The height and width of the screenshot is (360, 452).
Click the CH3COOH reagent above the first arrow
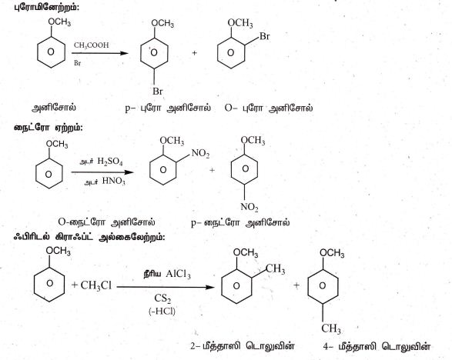tap(92, 45)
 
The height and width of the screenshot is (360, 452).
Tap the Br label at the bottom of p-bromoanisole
tap(158, 92)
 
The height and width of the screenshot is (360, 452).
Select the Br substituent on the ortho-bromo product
tap(265, 36)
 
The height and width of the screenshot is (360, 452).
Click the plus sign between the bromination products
tap(195, 53)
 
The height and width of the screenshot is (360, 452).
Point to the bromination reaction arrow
tap(100, 53)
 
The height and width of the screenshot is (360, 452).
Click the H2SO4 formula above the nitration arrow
tap(110, 162)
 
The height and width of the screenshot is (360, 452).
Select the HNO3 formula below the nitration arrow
tap(114, 181)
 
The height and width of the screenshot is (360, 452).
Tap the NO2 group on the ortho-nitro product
tap(201, 153)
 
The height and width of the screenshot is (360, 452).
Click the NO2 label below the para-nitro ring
tap(249, 207)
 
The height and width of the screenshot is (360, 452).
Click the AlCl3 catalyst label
tap(178, 274)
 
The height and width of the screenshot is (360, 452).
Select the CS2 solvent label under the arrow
tap(162, 298)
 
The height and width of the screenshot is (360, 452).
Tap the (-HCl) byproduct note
tap(162, 311)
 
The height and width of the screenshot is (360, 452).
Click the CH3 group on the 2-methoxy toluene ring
tap(275, 269)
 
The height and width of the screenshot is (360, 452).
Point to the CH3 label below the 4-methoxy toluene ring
tap(331, 328)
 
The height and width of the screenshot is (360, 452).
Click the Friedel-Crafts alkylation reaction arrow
tap(166, 287)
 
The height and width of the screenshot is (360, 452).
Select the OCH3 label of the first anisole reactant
tap(59, 22)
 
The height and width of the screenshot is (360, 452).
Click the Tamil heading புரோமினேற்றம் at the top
tap(46, 7)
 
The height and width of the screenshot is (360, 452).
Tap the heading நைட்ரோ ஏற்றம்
tap(49, 127)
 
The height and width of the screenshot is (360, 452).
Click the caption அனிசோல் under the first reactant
tap(54, 108)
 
